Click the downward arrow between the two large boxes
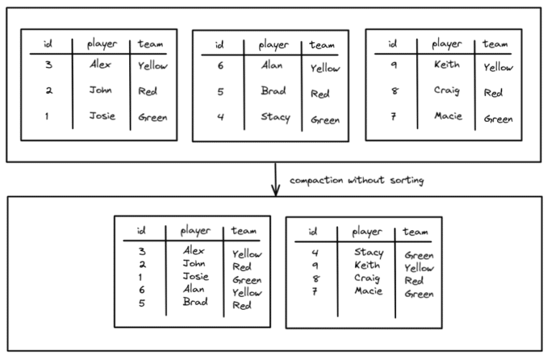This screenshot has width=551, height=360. coord(275,179)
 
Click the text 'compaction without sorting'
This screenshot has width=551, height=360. coord(356,181)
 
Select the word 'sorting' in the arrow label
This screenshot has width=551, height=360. coord(406,181)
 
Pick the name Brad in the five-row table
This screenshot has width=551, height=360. coord(194,302)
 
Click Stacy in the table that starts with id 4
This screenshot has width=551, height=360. coord(369,252)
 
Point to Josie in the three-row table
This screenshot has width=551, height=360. coord(101,115)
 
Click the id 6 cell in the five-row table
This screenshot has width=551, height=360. coord(141,289)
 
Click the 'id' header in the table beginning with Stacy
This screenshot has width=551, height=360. coord(313,232)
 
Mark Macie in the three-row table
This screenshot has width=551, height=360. coord(448,116)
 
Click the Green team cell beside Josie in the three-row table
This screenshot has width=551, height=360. coord(153,117)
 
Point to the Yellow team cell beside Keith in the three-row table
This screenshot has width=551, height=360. coord(498,67)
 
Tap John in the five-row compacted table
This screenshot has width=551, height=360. coord(194,263)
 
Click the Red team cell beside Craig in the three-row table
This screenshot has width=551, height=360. coord(493,93)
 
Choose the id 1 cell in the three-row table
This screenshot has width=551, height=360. coord(48,116)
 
